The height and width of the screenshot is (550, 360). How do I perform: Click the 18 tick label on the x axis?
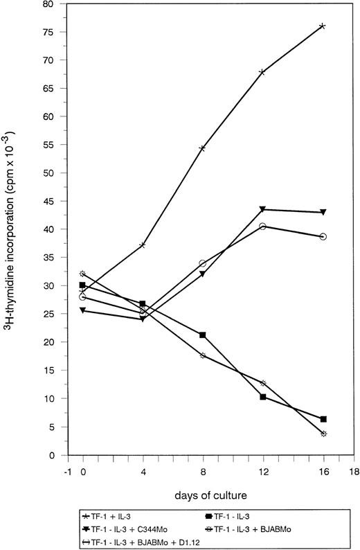(353, 469)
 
